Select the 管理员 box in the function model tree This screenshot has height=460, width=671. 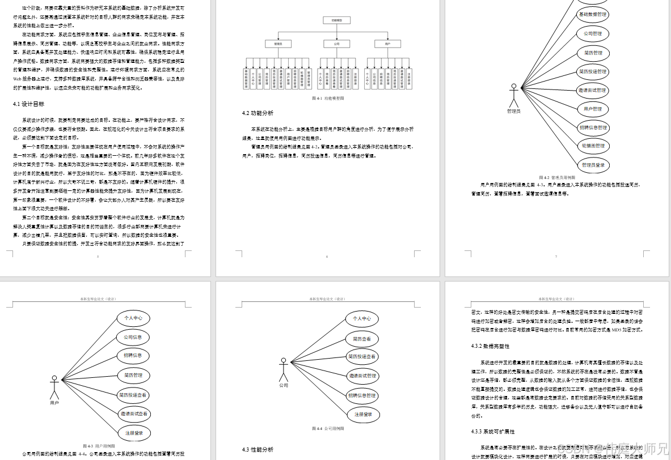point(278,43)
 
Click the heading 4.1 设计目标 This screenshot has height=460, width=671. point(28,104)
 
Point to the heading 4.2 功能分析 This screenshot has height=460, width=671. point(258,113)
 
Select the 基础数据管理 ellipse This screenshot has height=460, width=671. point(593,15)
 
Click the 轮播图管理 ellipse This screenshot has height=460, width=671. point(593,146)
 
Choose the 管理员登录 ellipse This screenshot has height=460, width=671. point(593,165)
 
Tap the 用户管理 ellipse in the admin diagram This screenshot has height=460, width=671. point(593,109)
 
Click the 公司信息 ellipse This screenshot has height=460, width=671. point(133,337)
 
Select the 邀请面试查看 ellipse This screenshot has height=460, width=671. point(133,414)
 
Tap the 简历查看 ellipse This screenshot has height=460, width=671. point(362,339)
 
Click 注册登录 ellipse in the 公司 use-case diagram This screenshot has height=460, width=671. point(364,414)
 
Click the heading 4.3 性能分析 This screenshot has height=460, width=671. point(258,450)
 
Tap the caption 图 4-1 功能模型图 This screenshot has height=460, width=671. point(328,98)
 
